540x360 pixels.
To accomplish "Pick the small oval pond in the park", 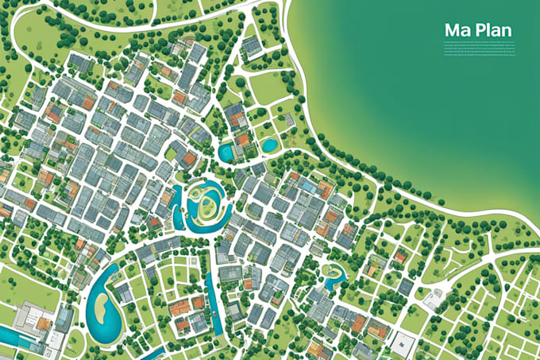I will point(269,145).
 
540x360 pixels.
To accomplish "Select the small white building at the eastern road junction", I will point(434,300).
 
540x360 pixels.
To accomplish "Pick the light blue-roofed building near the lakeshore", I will point(307,185).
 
